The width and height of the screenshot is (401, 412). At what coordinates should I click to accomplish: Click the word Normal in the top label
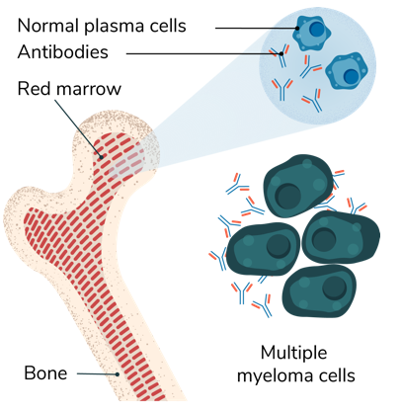pyautogui.click(x=48, y=26)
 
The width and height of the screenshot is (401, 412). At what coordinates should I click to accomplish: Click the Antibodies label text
pyautogui.click(x=62, y=52)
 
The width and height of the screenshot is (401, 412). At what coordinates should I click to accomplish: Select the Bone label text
pyautogui.click(x=45, y=372)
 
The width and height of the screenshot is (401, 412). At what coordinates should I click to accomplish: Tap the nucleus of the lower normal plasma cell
pyautogui.click(x=351, y=76)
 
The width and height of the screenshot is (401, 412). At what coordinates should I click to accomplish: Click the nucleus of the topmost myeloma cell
pyautogui.click(x=288, y=196)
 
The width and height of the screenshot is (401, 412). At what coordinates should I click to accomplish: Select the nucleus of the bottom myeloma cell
pyautogui.click(x=335, y=288)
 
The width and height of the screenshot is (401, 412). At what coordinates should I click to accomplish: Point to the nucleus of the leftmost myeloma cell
pyautogui.click(x=279, y=246)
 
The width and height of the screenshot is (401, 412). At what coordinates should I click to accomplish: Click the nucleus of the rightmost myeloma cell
pyautogui.click(x=324, y=239)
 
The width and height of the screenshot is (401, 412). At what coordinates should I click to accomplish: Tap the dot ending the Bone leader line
pyautogui.click(x=117, y=374)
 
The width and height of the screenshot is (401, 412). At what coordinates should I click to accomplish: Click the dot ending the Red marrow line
pyautogui.click(x=102, y=157)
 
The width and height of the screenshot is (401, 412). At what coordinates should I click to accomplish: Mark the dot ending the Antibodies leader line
pyautogui.click(x=281, y=53)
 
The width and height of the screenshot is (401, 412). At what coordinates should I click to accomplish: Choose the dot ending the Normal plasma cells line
pyautogui.click(x=297, y=28)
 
